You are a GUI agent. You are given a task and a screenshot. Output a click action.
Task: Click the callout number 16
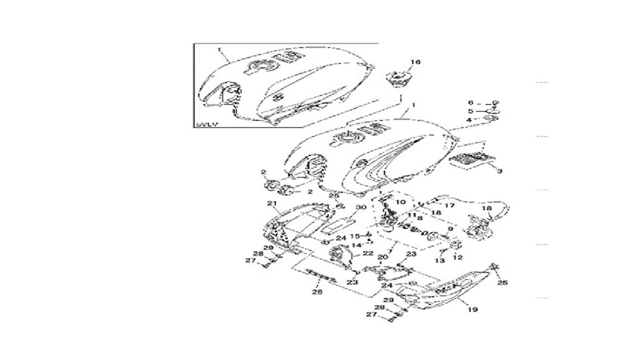click(x=415, y=63)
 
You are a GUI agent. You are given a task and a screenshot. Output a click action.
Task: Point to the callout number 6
click(x=472, y=102)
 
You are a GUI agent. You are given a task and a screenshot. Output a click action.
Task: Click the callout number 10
click(x=401, y=202)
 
